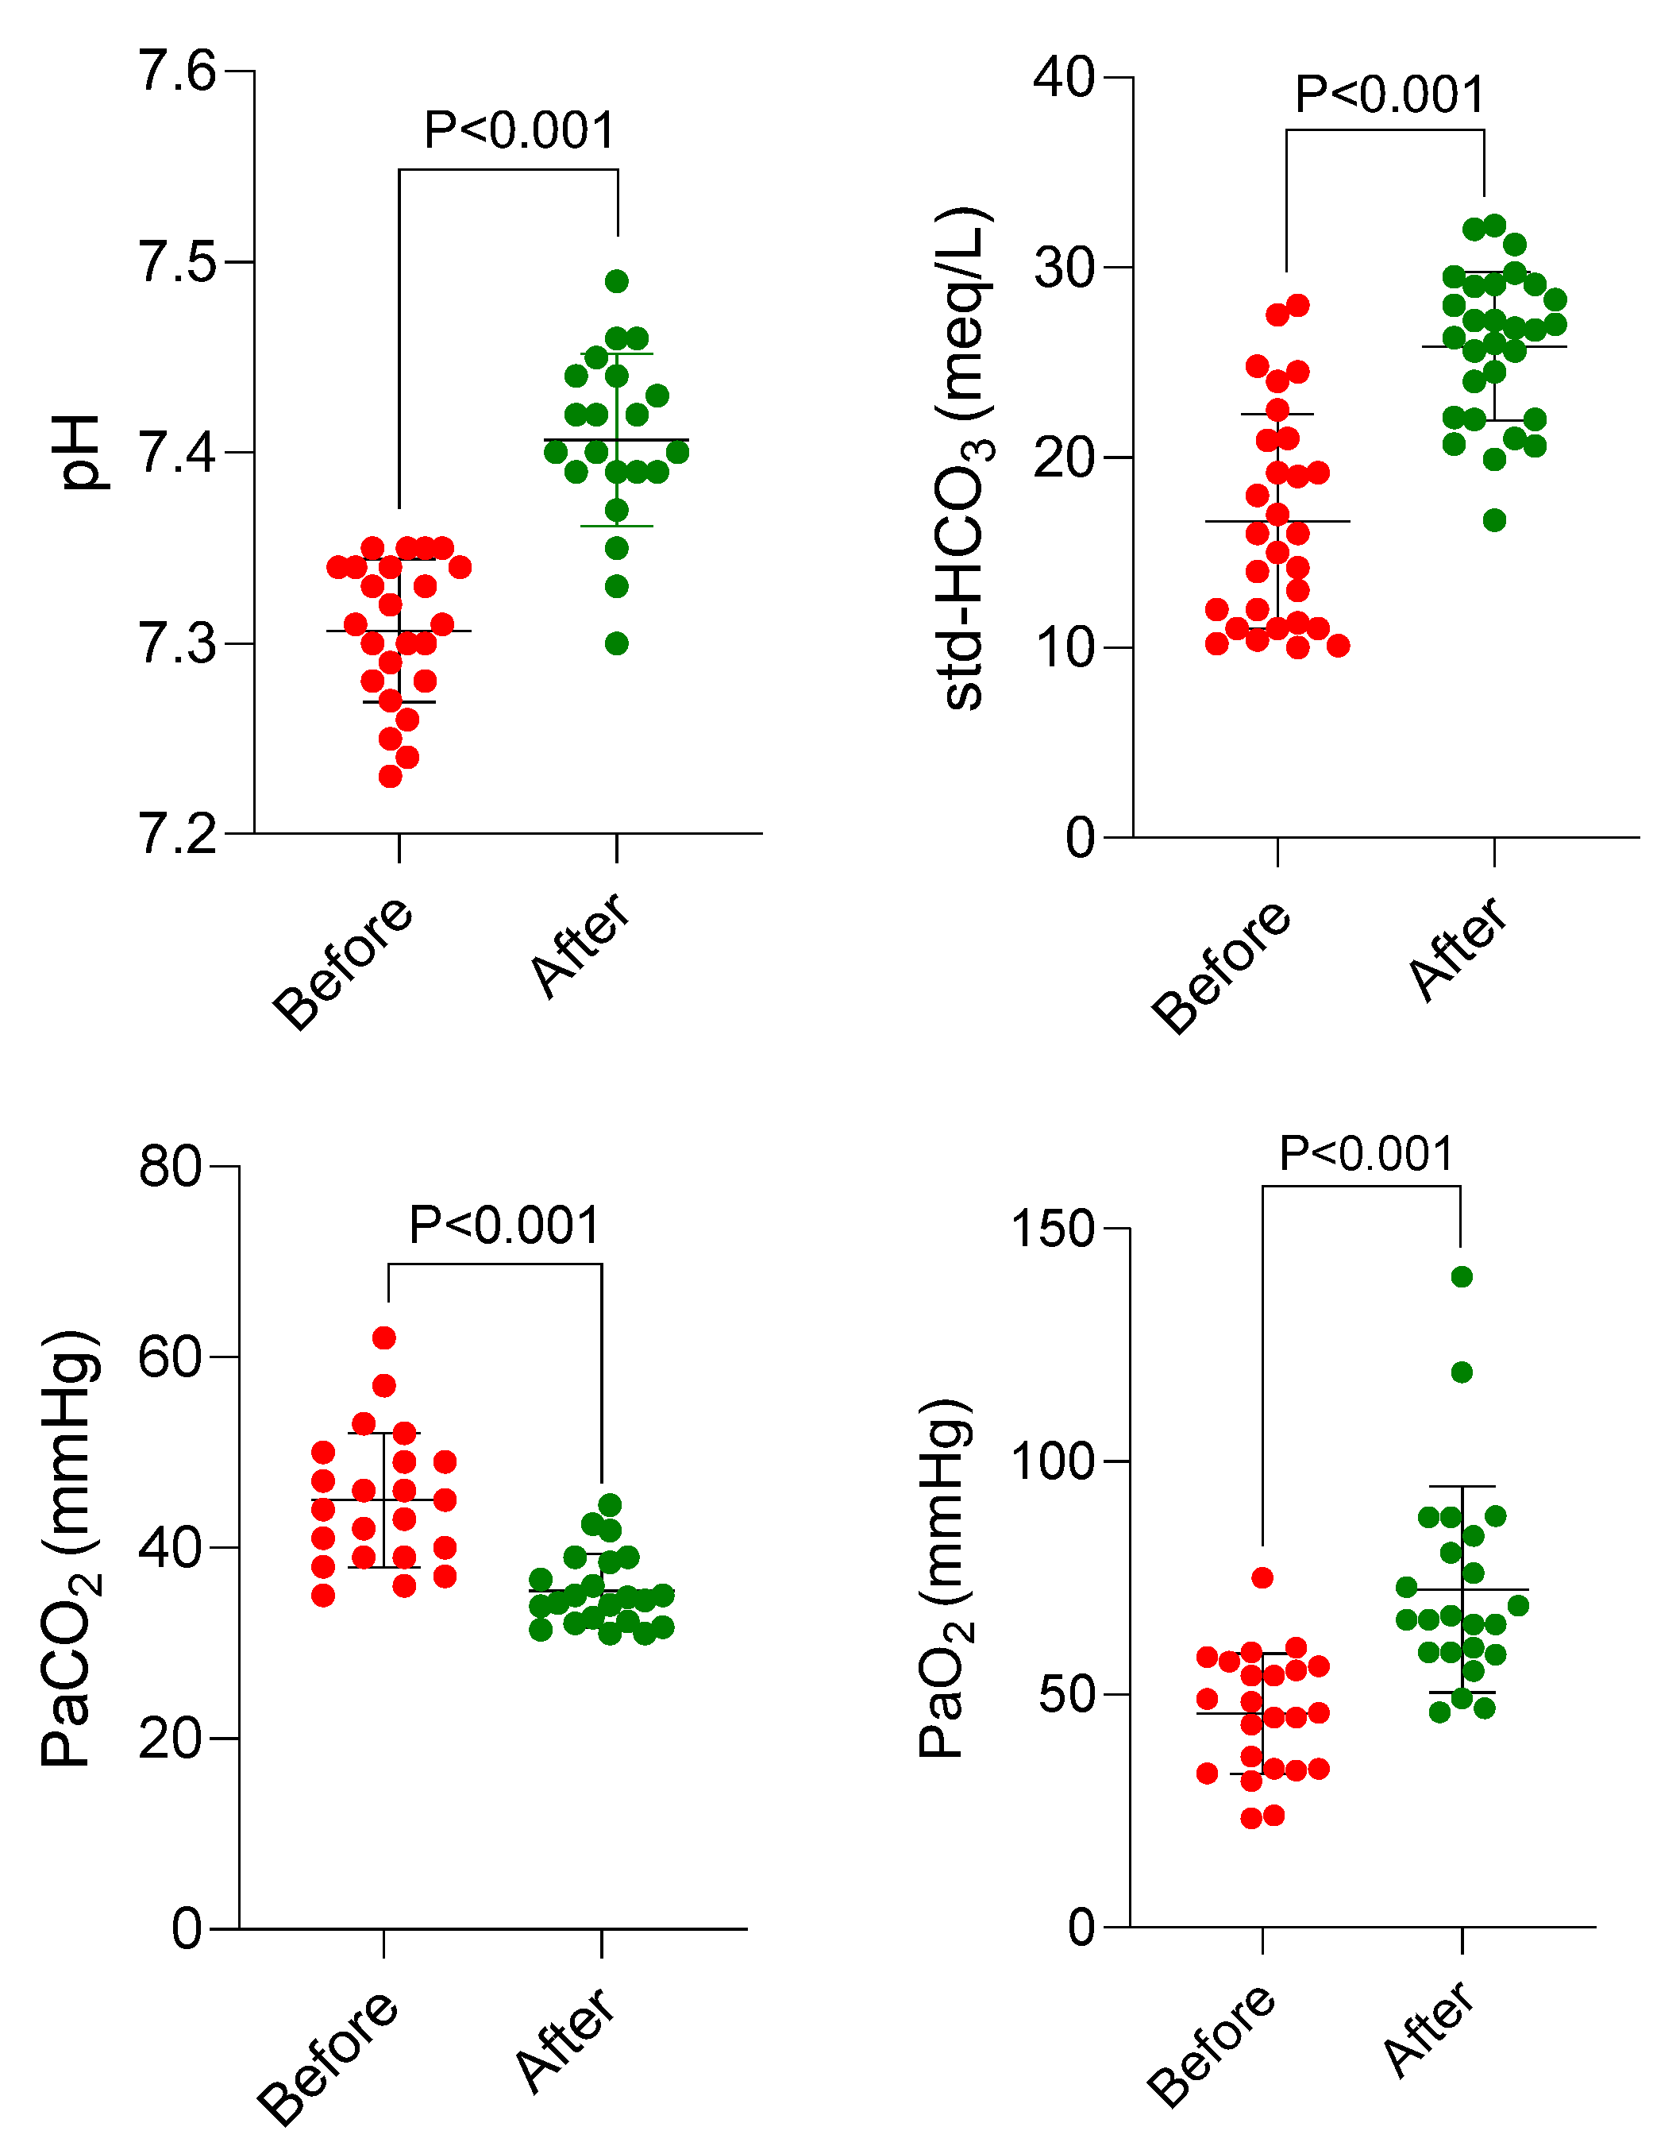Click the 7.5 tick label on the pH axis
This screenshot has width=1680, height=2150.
(177, 262)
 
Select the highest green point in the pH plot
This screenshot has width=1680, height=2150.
(617, 281)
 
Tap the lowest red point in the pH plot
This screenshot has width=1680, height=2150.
(391, 777)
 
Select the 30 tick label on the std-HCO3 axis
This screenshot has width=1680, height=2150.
(1064, 268)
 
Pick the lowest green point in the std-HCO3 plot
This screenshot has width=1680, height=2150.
(1494, 521)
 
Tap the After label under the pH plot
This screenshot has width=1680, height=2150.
(580, 945)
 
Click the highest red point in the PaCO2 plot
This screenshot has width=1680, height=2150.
(385, 1337)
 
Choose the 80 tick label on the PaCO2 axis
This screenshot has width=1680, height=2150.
(169, 1168)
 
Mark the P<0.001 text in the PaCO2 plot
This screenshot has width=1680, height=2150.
(504, 1226)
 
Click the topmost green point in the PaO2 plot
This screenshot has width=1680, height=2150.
(1462, 1277)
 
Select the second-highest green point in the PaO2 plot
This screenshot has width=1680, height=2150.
(1462, 1372)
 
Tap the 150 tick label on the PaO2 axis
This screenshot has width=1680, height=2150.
(1053, 1229)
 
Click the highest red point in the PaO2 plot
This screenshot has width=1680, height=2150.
(1262, 1578)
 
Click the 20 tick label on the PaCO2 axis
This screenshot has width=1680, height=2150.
(169, 1739)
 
